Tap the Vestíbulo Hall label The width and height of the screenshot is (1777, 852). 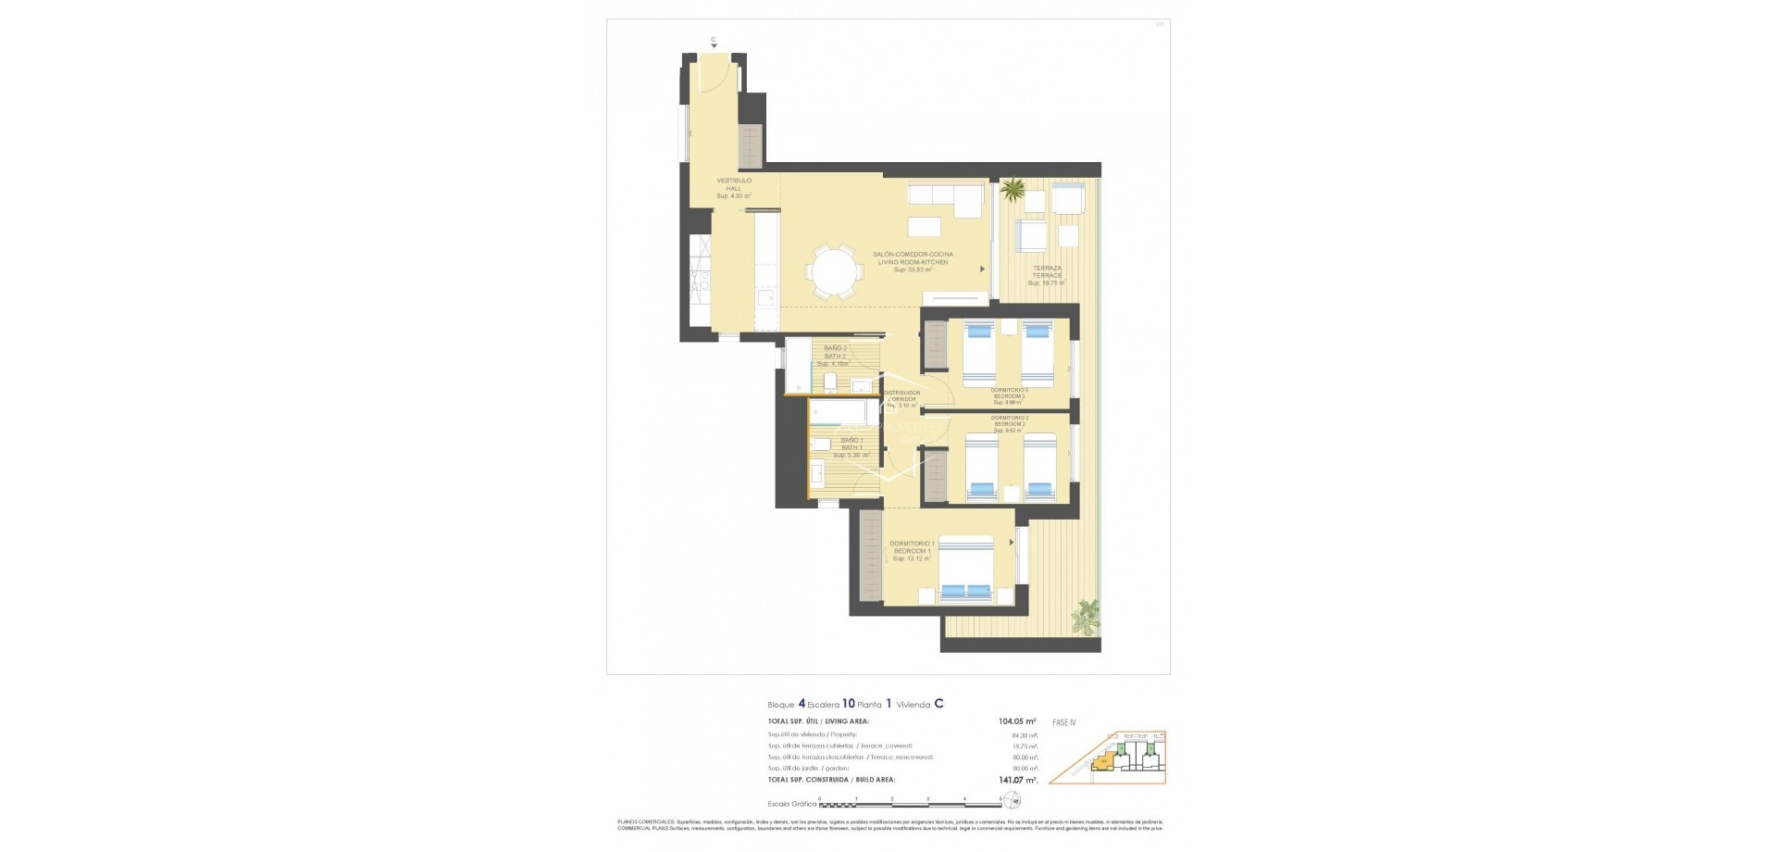734,188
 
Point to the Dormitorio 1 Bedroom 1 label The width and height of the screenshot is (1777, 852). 912,551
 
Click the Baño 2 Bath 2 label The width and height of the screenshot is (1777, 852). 835,356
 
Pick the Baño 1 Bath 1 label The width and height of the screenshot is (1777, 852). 851,447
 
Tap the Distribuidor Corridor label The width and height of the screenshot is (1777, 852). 901,399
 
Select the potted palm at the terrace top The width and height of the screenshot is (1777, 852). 1013,191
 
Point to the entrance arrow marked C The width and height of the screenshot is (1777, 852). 714,43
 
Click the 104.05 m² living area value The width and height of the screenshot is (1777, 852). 1016,721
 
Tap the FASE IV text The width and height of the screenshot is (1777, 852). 1064,722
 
